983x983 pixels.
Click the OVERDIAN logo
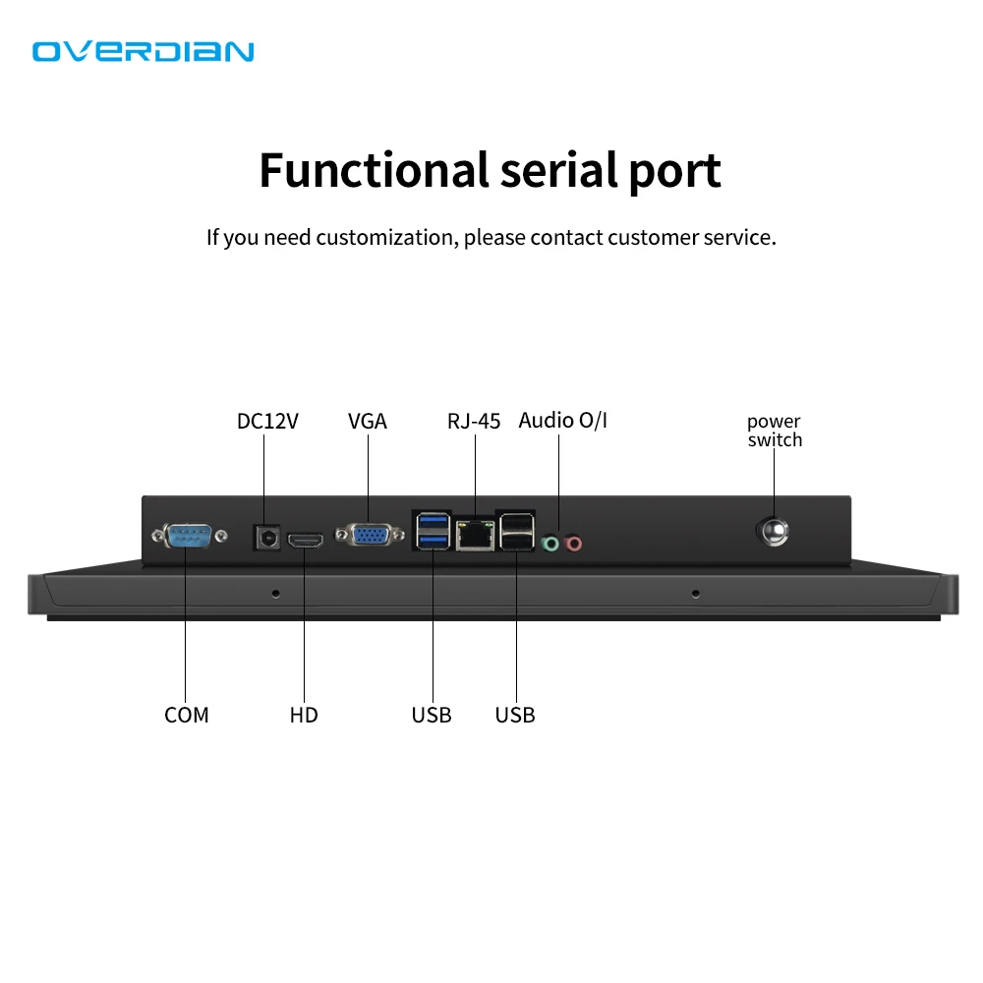point(144,51)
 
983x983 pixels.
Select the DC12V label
point(267,422)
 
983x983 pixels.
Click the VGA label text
point(368,422)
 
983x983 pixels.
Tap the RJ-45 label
point(474,422)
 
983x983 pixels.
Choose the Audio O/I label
point(563,421)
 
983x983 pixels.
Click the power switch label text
point(775,431)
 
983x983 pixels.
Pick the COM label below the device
point(187,715)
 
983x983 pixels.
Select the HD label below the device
point(304,715)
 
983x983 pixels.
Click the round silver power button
point(773,533)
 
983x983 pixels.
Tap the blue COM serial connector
point(188,536)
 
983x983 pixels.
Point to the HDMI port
point(306,540)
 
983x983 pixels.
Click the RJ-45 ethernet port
point(475,535)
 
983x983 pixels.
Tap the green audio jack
point(552,542)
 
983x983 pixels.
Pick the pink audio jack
point(573,542)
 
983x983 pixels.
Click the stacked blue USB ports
point(433,531)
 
